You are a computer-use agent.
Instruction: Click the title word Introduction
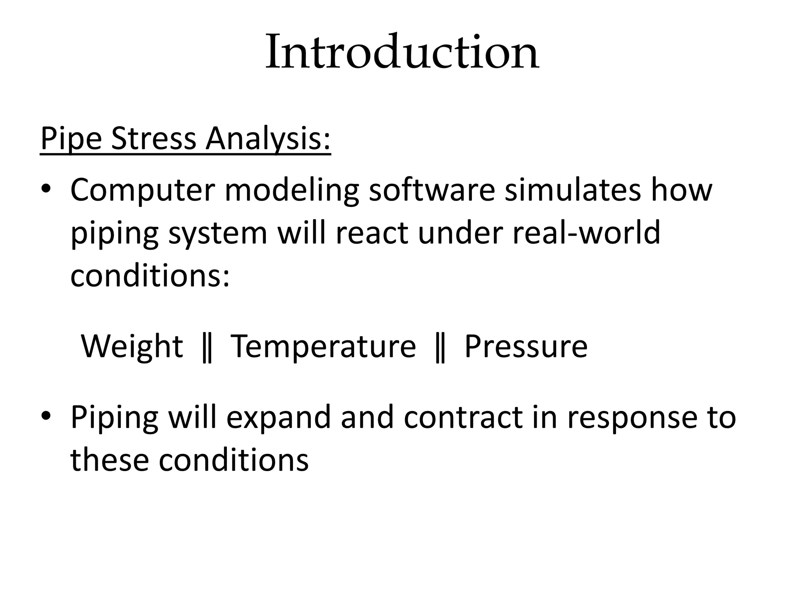(x=402, y=52)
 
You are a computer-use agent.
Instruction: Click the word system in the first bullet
(x=218, y=233)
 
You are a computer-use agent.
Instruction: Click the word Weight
(x=132, y=346)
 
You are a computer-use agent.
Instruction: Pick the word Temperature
(x=323, y=346)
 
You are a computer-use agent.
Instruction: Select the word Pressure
(x=526, y=346)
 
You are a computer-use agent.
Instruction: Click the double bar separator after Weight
(x=207, y=347)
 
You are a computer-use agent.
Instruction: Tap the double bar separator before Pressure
(x=440, y=347)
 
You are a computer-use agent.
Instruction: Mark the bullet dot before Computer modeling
(x=46, y=189)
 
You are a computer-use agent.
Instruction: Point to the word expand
(x=278, y=418)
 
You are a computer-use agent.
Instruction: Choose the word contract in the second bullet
(x=463, y=417)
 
